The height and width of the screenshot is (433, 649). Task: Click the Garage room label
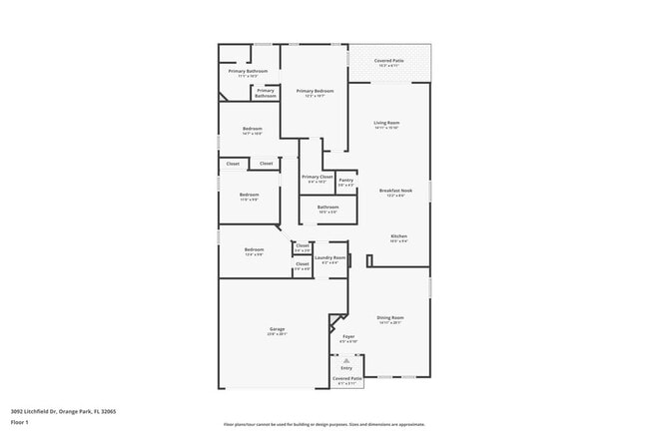pos(277,329)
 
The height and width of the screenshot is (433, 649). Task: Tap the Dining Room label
pos(389,317)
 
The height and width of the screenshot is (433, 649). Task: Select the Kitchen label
pos(398,236)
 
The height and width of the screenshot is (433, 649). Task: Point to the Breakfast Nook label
pos(396,190)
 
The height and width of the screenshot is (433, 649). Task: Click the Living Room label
pos(386,123)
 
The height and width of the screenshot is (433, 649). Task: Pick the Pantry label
pos(345,180)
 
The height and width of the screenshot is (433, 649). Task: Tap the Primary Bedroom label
pos(315,91)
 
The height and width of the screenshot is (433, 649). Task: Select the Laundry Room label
pos(329,257)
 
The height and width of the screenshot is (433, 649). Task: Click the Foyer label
pos(348,336)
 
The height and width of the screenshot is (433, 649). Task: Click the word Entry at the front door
pos(346,367)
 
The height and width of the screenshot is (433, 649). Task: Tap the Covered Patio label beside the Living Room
pos(389,61)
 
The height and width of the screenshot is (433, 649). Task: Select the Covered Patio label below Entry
pos(347,378)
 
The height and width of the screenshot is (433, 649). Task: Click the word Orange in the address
pos(68,410)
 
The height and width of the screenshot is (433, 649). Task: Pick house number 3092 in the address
pos(18,410)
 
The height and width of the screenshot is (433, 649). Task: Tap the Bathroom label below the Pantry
pos(327,207)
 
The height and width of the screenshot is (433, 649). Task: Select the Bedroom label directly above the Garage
pos(255,249)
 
